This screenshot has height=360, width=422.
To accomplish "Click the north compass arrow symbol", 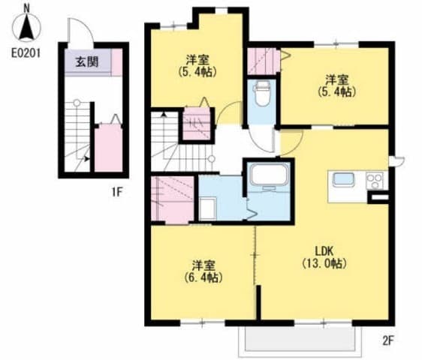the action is point(26,28).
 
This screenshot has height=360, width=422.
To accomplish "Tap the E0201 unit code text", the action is point(26,53).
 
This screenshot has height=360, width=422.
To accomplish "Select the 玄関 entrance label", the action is point(86,62).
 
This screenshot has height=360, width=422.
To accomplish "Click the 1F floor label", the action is point(117,192).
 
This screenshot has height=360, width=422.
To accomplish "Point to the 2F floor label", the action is point(388,341).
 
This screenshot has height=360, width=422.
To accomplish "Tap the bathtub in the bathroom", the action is point(269,175).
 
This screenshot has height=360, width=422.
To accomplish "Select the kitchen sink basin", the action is point(343,179).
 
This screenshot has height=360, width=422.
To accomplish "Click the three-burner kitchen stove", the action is point(375,181).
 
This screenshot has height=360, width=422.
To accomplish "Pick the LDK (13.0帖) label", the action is point(324,257).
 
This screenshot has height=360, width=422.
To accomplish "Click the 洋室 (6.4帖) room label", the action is point(203,271).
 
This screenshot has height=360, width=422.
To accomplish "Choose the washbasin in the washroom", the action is point(208,208).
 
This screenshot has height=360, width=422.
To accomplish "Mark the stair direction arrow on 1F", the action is point(86,159).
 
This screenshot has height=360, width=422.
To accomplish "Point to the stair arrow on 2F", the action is point(164,115).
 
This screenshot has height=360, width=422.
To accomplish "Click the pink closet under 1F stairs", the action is point(108,148).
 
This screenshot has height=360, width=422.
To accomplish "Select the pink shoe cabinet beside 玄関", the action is point(117,62).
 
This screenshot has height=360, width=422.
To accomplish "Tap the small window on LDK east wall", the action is point(396,161).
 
